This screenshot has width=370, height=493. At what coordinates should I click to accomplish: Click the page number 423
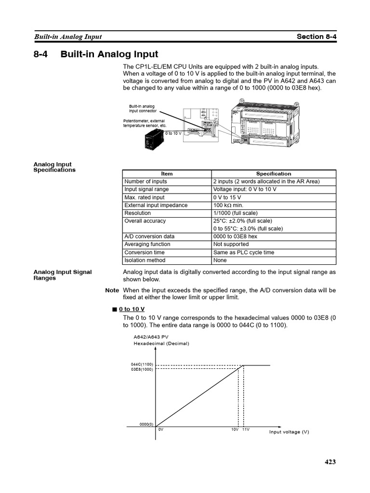[330, 462]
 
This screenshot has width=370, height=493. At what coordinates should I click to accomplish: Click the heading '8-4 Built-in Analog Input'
[95, 54]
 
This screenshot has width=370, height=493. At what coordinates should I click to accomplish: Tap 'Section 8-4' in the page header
[316, 37]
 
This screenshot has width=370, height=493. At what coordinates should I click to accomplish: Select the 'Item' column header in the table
[166, 174]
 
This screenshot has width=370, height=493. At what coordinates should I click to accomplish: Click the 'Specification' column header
[273, 174]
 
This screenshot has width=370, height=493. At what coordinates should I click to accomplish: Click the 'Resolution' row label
[137, 213]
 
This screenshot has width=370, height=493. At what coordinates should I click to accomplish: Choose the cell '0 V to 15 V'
[227, 197]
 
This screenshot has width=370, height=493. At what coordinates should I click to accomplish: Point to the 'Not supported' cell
[231, 244]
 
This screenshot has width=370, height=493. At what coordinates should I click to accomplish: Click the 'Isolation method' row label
[145, 260]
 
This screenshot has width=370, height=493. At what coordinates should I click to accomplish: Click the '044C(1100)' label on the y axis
[142, 364]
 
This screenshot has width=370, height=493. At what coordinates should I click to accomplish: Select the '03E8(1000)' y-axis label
[142, 369]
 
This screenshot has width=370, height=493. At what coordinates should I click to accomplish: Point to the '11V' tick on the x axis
[246, 429]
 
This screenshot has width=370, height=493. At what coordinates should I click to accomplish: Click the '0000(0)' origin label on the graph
[146, 424]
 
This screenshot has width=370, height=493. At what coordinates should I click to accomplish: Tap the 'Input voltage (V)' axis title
[289, 432]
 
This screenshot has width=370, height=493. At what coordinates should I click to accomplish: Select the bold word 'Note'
[112, 290]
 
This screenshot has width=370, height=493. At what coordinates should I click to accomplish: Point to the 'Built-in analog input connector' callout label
[142, 108]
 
